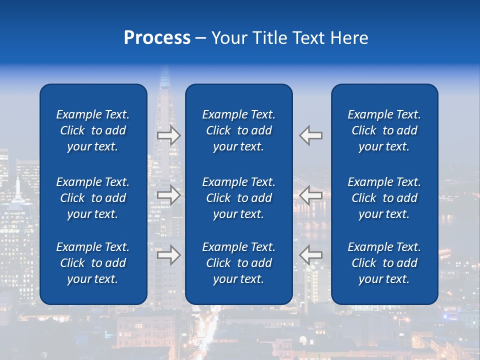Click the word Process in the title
pyautogui.click(x=157, y=38)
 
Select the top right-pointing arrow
pyautogui.click(x=168, y=135)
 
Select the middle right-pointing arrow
pyautogui.click(x=168, y=195)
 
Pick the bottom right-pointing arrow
pyautogui.click(x=168, y=255)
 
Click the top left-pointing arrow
pyautogui.click(x=311, y=135)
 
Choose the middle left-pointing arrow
pyautogui.click(x=311, y=195)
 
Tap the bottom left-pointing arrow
pyautogui.click(x=311, y=255)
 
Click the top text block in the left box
pyautogui.click(x=93, y=130)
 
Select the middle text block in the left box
pyautogui.click(x=93, y=198)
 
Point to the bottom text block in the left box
pyautogui.click(x=93, y=263)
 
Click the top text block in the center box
pyautogui.click(x=239, y=130)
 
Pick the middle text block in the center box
pyautogui.click(x=239, y=198)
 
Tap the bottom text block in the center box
pyautogui.click(x=239, y=263)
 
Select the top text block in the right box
pyautogui.click(x=384, y=130)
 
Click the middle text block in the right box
pyautogui.click(x=384, y=198)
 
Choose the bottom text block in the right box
pyautogui.click(x=384, y=263)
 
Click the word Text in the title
pyautogui.click(x=308, y=38)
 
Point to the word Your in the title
pyautogui.click(x=229, y=38)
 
